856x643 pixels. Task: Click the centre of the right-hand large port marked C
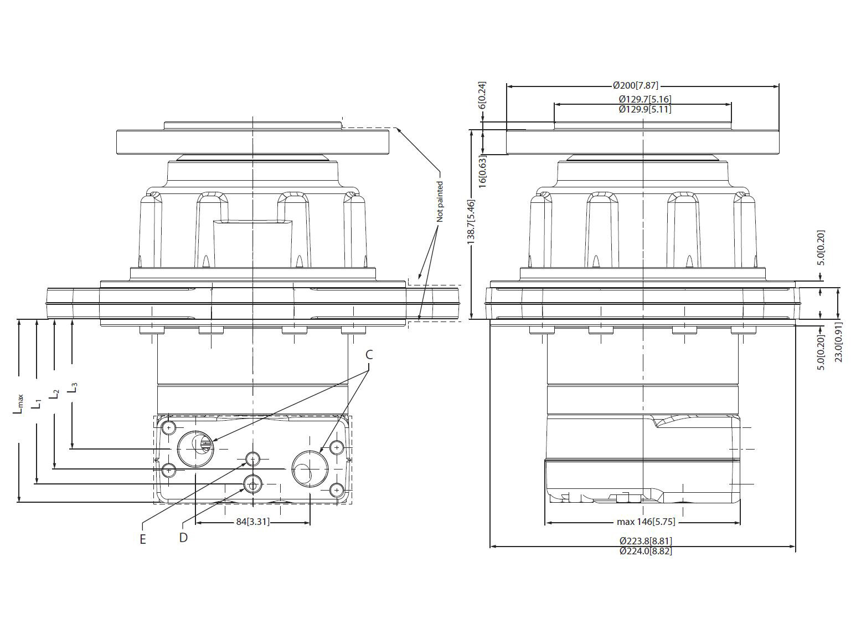(310, 469)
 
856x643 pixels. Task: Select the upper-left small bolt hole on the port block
(169, 428)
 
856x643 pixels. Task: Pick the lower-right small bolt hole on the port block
(337, 489)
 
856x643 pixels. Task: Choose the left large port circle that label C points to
(195, 449)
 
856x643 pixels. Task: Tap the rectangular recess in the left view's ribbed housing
(252, 243)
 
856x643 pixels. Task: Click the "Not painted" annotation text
(440, 201)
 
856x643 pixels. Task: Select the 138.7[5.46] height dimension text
(471, 222)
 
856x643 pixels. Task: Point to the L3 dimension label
(73, 387)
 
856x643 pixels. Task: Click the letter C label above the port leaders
(369, 355)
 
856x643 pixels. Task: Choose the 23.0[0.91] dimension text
(838, 342)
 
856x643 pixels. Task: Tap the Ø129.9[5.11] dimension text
(645, 109)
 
